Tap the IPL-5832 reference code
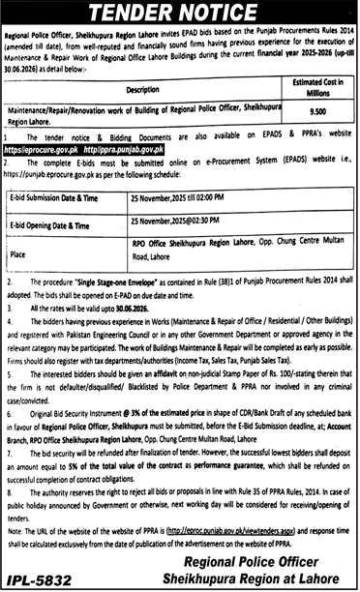point(45,577)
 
